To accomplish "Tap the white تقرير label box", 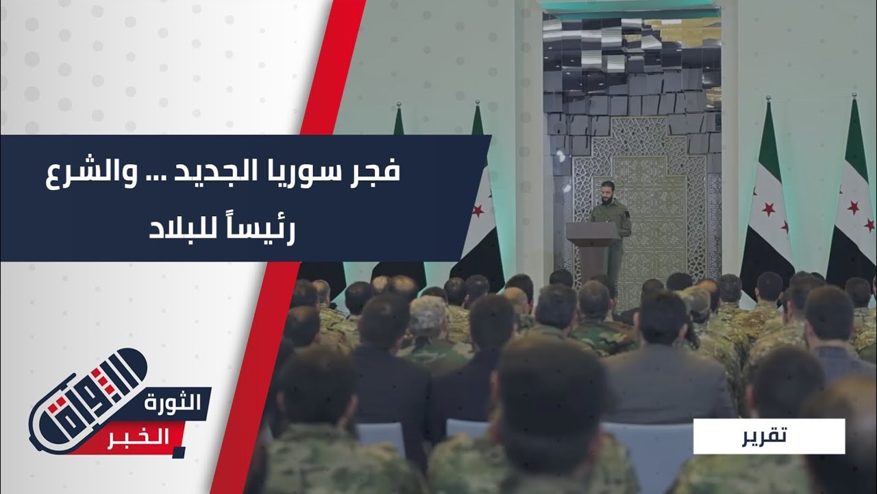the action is pyautogui.click(x=769, y=436).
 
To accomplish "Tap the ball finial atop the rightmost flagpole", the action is pyautogui.click(x=854, y=95).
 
